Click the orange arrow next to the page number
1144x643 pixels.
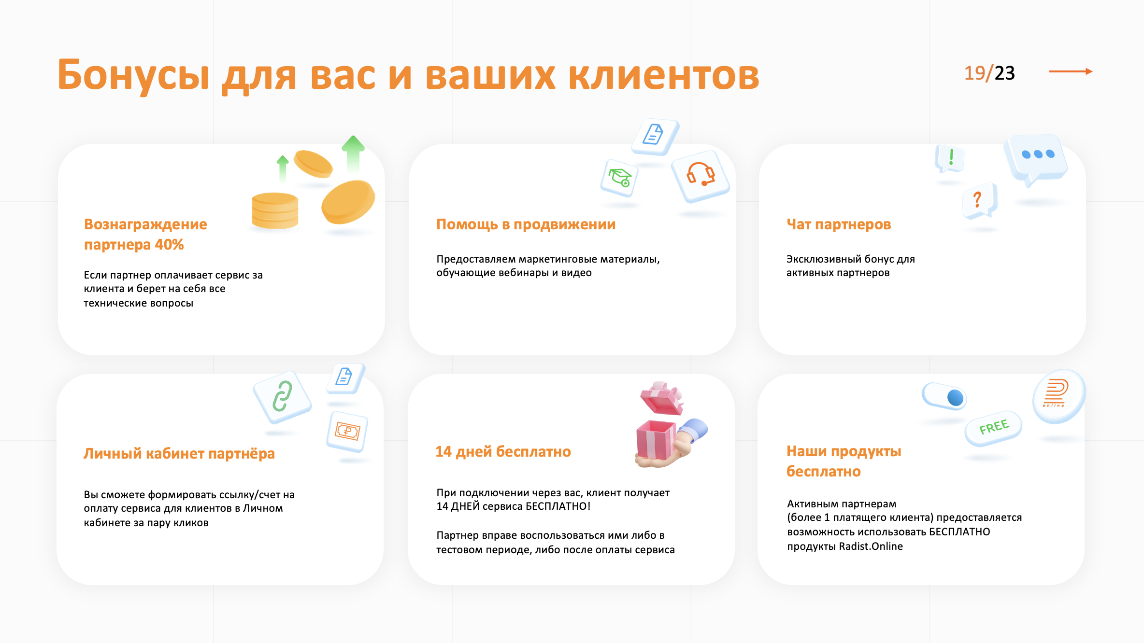pyautogui.click(x=1071, y=71)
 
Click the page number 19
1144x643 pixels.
pyautogui.click(x=974, y=73)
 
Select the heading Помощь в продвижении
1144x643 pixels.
pyautogui.click(x=526, y=224)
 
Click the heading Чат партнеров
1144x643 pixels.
pyautogui.click(x=839, y=224)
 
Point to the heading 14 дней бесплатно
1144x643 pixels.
pyautogui.click(x=503, y=451)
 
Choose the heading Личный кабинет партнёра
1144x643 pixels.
pyautogui.click(x=179, y=453)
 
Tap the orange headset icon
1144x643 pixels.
pyautogui.click(x=701, y=175)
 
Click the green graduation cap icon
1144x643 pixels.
pyautogui.click(x=620, y=178)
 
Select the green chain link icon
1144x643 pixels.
pyautogui.click(x=283, y=397)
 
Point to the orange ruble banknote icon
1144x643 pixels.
pyautogui.click(x=347, y=431)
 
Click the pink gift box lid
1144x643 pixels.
pyautogui.click(x=662, y=398)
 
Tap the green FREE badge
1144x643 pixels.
pyautogui.click(x=994, y=428)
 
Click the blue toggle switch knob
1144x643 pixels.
pyautogui.click(x=956, y=398)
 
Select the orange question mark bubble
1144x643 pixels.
pyautogui.click(x=979, y=200)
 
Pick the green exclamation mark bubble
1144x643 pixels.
pyautogui.click(x=950, y=158)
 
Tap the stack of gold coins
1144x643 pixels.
pyautogui.click(x=275, y=210)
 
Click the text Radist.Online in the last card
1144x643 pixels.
pyautogui.click(x=871, y=546)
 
